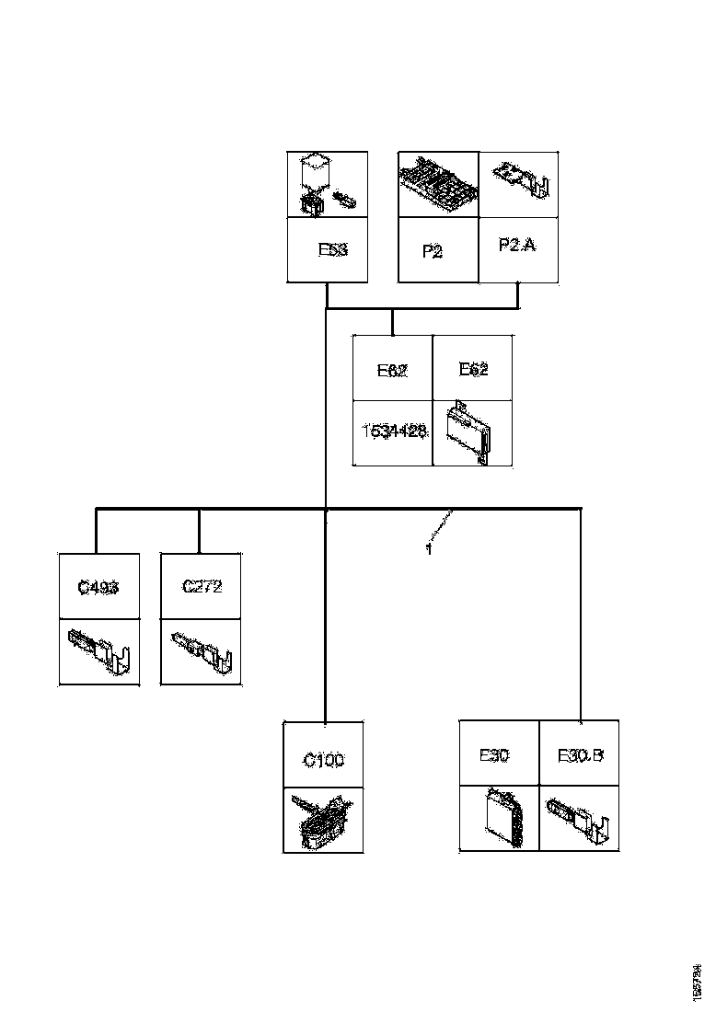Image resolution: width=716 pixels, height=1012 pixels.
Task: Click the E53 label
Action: [332, 249]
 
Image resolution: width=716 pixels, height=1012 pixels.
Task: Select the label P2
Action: [433, 251]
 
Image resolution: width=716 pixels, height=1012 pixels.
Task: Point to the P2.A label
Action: [516, 246]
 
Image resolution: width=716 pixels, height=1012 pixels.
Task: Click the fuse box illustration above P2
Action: [438, 184]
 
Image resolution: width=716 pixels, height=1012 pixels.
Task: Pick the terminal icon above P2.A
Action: [521, 180]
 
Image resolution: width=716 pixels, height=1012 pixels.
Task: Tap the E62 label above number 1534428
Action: [392, 372]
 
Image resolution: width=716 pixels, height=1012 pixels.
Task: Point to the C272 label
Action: [202, 587]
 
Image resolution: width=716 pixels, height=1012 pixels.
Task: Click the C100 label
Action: [323, 761]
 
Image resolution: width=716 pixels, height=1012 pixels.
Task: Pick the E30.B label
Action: [580, 756]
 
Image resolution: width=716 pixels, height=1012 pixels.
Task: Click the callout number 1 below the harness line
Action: [429, 548]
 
